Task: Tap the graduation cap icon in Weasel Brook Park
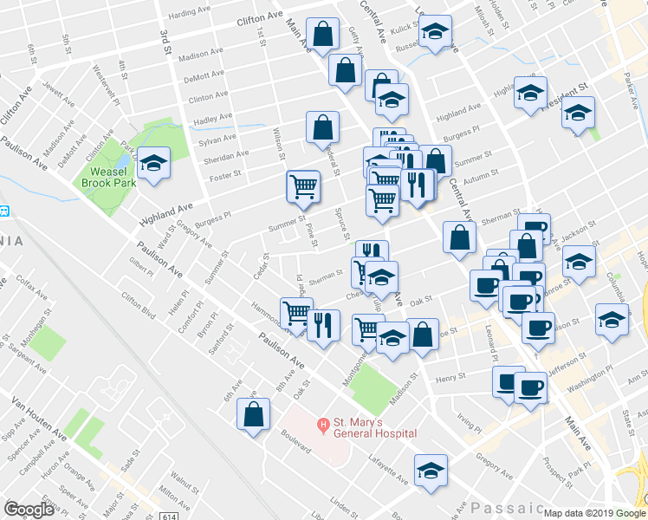click(153, 163)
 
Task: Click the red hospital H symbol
click(322, 424)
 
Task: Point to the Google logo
click(29, 510)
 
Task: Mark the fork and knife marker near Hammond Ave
click(323, 325)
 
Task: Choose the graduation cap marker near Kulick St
click(436, 32)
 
